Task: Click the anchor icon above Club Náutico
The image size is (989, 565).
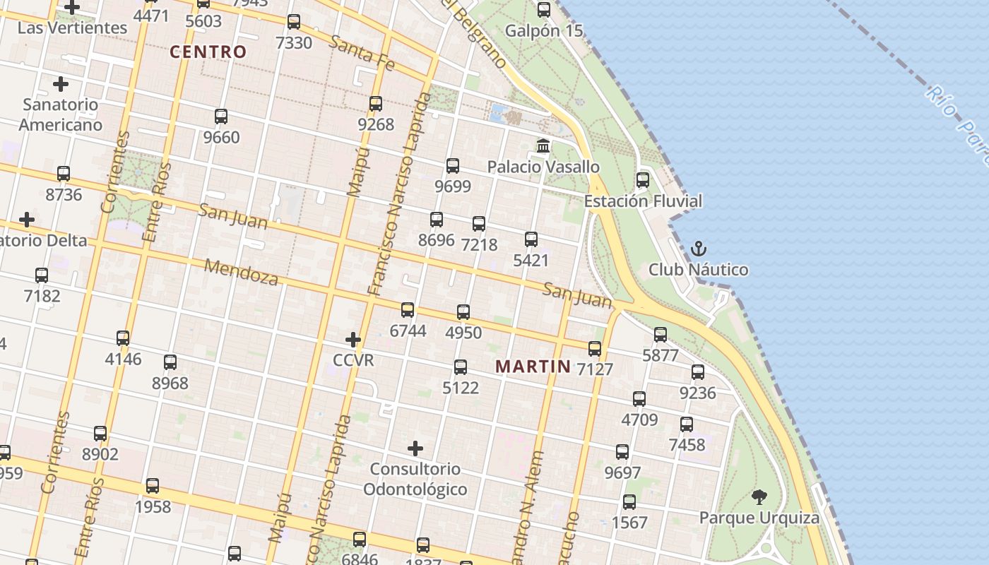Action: point(698,249)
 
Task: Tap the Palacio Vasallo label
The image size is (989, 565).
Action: point(543,167)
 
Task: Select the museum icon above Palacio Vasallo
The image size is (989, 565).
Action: point(543,146)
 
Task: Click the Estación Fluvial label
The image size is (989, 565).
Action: point(643,201)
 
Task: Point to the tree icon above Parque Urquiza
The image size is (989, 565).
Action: point(759,496)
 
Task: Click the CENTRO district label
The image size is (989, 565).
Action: point(208,52)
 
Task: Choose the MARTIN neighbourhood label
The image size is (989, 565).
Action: point(533,367)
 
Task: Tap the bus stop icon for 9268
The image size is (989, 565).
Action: point(376,104)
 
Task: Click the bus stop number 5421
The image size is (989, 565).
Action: point(531,261)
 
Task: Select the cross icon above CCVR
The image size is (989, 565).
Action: point(353,340)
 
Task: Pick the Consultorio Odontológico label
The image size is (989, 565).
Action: point(415,479)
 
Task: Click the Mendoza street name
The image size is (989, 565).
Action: point(242,272)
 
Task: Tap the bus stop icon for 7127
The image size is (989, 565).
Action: point(595,348)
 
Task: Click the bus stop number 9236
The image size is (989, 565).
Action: point(697,393)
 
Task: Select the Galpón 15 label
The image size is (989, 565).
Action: point(544,30)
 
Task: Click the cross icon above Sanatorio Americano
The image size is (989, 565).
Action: point(61,84)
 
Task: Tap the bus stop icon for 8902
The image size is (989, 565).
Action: point(100,433)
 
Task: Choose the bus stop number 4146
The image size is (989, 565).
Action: point(123,359)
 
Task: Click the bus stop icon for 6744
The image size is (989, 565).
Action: point(408,309)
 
